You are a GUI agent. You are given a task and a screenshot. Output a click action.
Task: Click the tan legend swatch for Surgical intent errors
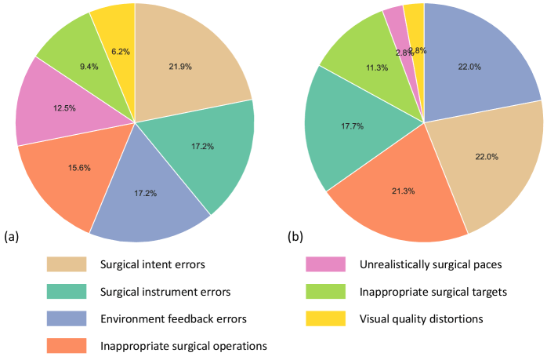click(x=69, y=264)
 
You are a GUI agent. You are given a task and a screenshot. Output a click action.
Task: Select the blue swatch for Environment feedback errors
click(x=69, y=318)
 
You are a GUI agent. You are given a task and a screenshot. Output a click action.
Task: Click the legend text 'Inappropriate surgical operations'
click(x=184, y=345)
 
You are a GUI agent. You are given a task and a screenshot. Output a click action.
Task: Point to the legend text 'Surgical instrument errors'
click(x=166, y=291)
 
